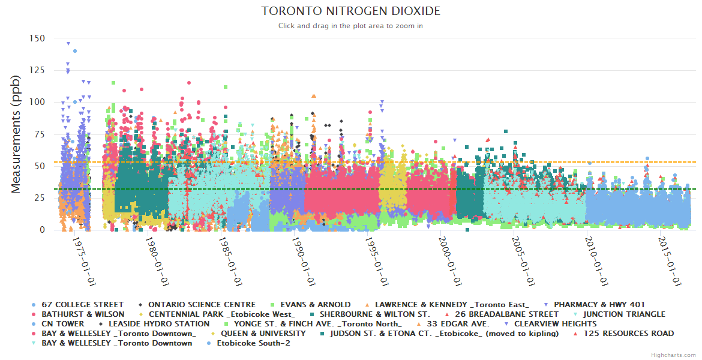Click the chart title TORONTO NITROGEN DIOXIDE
351,11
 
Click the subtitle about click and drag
351,26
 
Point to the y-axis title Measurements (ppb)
16,134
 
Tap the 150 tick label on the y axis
37,38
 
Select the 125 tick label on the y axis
37,70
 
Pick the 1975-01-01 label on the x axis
82,261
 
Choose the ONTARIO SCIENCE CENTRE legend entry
202,305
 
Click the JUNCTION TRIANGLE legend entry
624,314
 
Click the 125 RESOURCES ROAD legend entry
629,334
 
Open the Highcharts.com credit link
673,355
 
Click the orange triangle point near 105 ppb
313,96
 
